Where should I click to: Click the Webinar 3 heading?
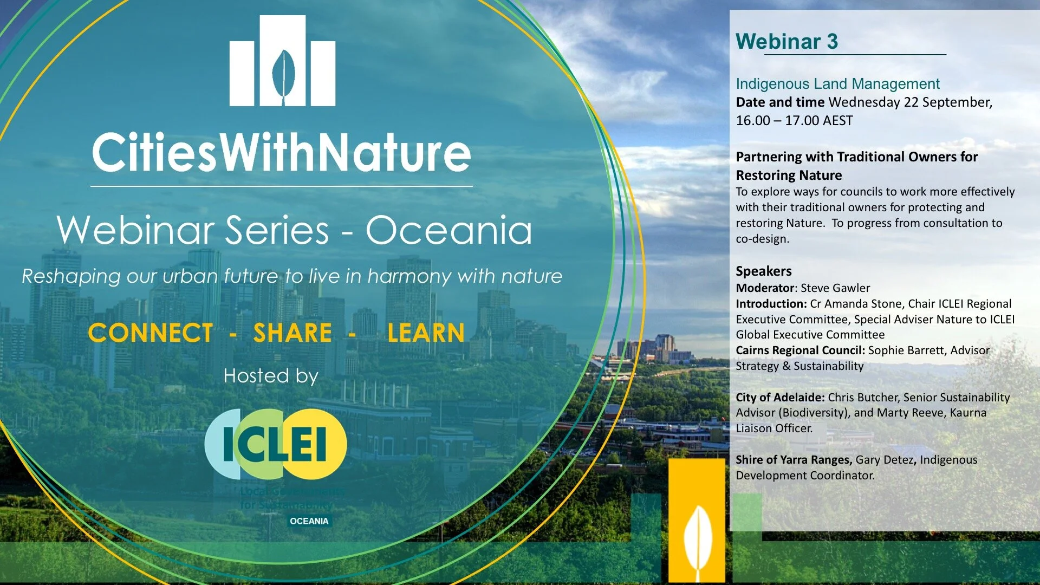(786, 42)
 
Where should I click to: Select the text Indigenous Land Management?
(837, 84)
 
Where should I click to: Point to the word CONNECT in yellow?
(151, 333)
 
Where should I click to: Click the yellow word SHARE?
(292, 333)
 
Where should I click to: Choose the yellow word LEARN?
(426, 333)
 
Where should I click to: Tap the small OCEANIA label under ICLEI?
(309, 521)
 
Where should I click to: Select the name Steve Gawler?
(835, 288)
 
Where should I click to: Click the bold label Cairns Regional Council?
(800, 350)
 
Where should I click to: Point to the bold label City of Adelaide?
(779, 398)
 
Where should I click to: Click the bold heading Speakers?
(763, 271)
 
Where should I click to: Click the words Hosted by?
(271, 376)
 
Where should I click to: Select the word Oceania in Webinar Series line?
(448, 230)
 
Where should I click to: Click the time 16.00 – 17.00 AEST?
(794, 121)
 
